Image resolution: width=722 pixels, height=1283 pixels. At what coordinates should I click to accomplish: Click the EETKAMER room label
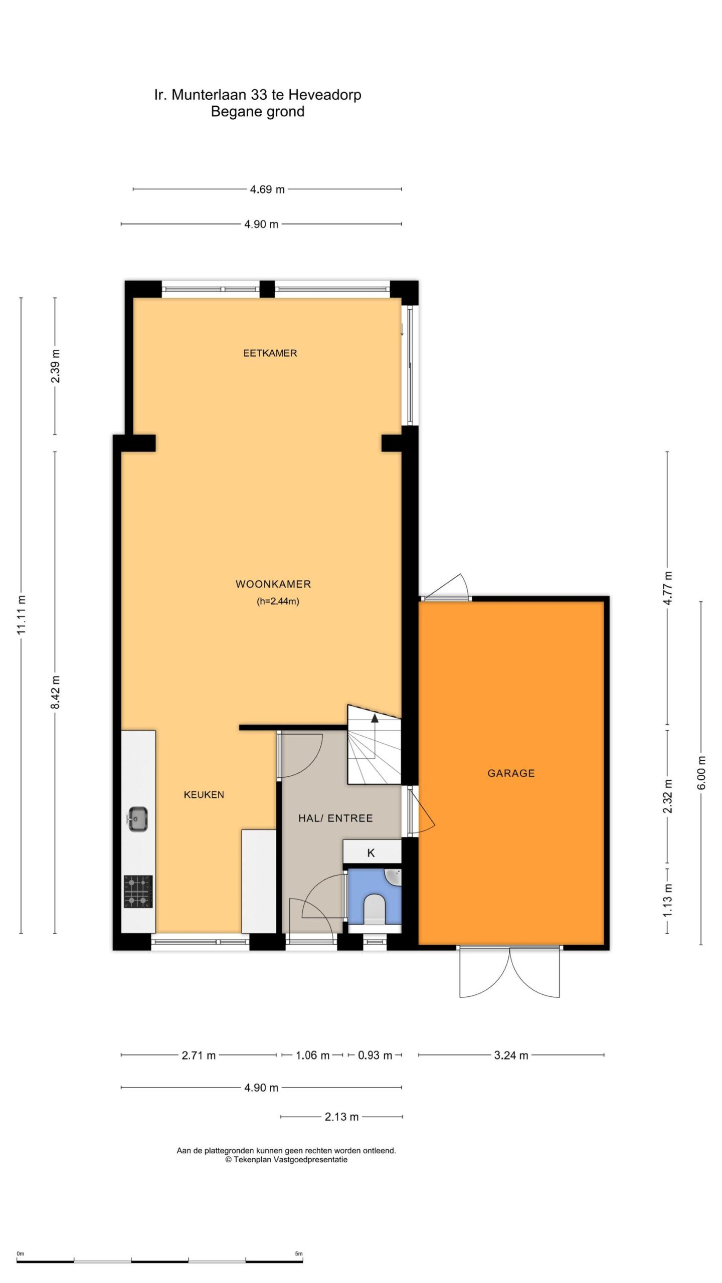pyautogui.click(x=270, y=353)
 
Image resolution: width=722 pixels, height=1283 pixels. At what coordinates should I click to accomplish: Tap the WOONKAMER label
pyautogui.click(x=273, y=584)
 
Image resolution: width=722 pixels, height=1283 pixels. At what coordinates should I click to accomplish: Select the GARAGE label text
pyautogui.click(x=511, y=773)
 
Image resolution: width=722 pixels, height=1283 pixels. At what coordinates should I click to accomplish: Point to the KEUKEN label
pyautogui.click(x=204, y=794)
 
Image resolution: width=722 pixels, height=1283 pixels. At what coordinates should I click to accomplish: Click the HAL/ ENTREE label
pyautogui.click(x=335, y=818)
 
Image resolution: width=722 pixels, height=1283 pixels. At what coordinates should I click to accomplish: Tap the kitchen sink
pyautogui.click(x=136, y=819)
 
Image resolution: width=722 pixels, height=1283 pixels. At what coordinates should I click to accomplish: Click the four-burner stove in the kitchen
pyautogui.click(x=138, y=892)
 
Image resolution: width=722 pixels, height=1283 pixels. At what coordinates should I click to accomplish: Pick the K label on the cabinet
pyautogui.click(x=371, y=853)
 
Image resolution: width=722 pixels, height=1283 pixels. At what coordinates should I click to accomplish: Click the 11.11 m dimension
pyautogui.click(x=22, y=615)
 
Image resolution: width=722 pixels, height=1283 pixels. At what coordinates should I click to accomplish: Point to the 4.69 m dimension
pyautogui.click(x=267, y=189)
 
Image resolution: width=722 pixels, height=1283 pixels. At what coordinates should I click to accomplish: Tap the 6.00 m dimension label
pyautogui.click(x=701, y=773)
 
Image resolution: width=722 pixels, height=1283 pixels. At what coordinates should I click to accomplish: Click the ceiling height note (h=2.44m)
pyautogui.click(x=278, y=601)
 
